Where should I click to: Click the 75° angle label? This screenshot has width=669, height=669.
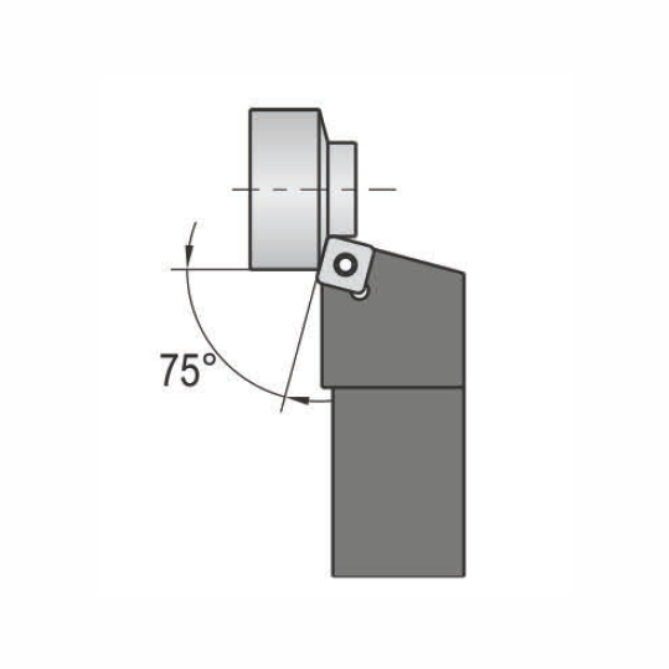[x=188, y=370]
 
